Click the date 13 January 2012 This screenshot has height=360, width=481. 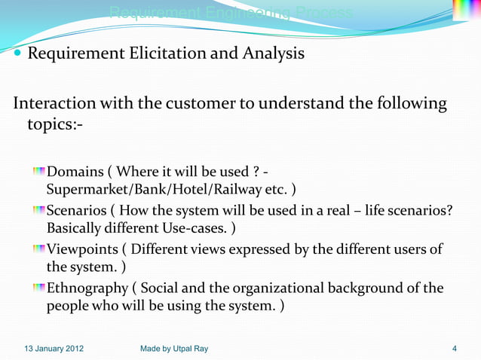[54, 348]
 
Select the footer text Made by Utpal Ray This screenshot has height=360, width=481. [174, 348]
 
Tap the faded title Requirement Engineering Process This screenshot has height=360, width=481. [231, 13]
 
